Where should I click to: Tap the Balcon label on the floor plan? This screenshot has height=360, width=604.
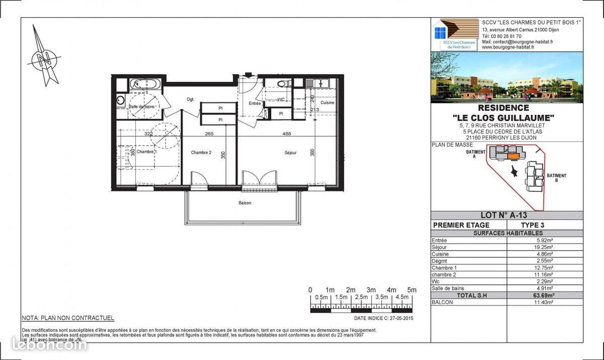pyautogui.click(x=245, y=203)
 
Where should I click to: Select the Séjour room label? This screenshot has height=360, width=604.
pyautogui.click(x=290, y=153)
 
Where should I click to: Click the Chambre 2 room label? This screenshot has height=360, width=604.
pyautogui.click(x=201, y=153)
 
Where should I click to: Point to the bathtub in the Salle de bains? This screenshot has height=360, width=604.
pyautogui.click(x=145, y=84)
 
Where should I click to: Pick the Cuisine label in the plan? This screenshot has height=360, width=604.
pyautogui.click(x=328, y=103)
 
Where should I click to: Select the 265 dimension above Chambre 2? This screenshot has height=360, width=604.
pyautogui.click(x=209, y=134)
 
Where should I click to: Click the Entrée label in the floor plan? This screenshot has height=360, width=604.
pyautogui.click(x=255, y=103)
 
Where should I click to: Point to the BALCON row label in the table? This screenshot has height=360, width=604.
pyautogui.click(x=442, y=302)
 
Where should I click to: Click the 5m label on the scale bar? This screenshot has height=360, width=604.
pyautogui.click(x=411, y=290)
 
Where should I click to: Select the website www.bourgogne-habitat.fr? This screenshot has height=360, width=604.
pyautogui.click(x=511, y=48)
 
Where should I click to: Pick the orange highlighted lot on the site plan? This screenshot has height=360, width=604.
pyautogui.click(x=513, y=157)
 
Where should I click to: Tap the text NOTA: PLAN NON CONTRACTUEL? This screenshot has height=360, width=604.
pyautogui.click(x=68, y=318)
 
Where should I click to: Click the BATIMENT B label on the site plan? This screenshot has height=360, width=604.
pyautogui.click(x=557, y=178)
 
